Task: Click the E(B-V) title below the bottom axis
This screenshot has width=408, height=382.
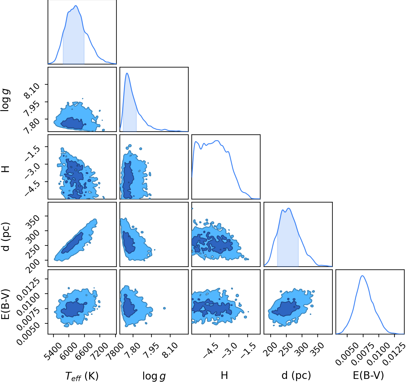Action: coord(368,376)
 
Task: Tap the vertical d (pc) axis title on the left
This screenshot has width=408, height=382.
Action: coord(6,237)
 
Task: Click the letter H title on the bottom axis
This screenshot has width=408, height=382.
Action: coord(224,376)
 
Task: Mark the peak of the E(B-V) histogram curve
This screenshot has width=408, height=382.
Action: coord(363,276)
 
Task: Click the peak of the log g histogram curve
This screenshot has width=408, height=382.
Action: coord(127,73)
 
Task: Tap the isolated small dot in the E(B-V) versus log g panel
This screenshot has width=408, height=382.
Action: coord(164,308)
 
